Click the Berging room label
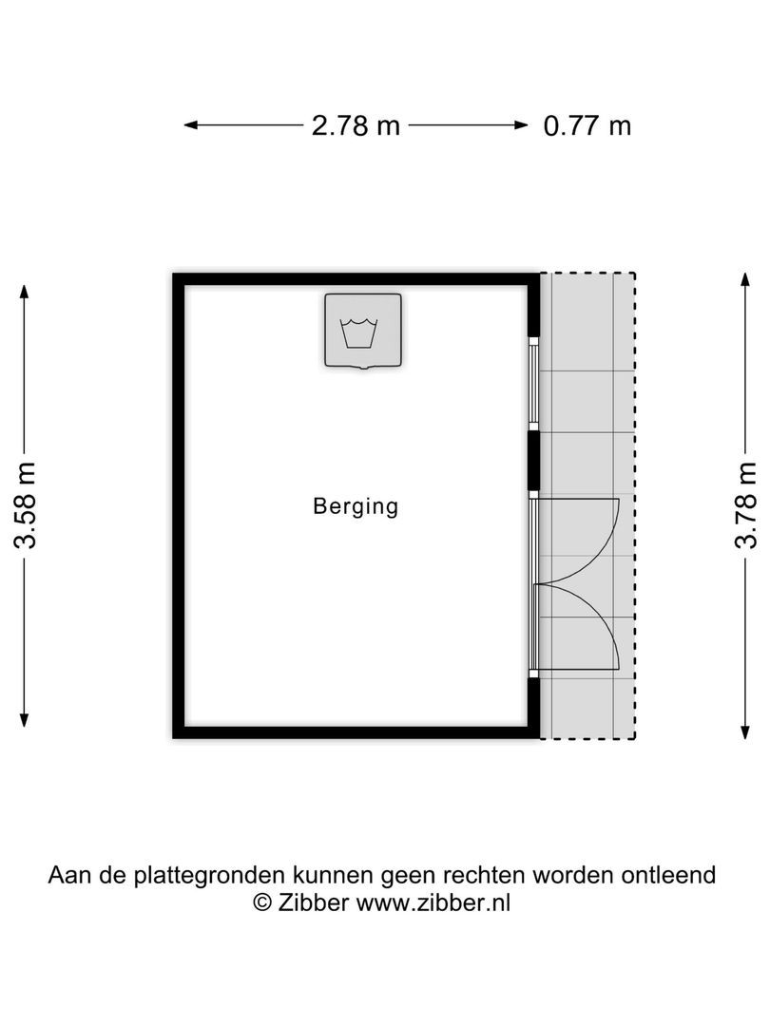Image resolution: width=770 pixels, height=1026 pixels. click(x=356, y=506)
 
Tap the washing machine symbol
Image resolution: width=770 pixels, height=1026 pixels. click(x=363, y=331)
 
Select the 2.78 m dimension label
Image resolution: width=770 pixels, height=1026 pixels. click(x=356, y=125)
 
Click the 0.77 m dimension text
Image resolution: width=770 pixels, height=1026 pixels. click(x=587, y=125)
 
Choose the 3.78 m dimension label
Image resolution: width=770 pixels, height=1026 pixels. click(x=746, y=504)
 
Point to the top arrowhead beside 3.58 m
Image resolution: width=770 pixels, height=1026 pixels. click(x=26, y=290)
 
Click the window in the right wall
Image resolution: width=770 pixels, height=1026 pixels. click(x=534, y=383)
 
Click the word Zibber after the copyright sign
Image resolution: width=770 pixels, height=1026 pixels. click(x=314, y=902)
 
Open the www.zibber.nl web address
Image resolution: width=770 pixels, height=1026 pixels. click(x=433, y=902)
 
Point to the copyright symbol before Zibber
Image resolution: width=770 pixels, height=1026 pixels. click(x=262, y=902)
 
